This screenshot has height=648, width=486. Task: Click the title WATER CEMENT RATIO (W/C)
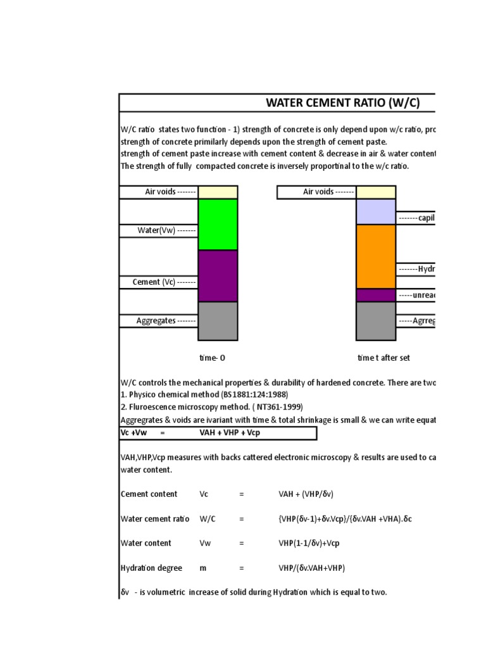pos(342,103)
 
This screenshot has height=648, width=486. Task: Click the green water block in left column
pos(218,224)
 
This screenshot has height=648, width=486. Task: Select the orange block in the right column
pos(376,256)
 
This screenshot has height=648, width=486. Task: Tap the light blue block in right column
pos(376,211)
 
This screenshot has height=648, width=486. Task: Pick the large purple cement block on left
pos(218,275)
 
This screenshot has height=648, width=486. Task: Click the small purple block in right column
pos(376,295)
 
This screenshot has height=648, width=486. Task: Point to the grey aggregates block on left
pos(218,321)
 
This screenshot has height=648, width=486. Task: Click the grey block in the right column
pos(376,321)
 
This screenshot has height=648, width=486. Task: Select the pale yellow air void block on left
pos(218,192)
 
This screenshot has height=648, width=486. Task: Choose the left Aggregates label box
pos(159,321)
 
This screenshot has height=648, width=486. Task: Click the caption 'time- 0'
pos(212,358)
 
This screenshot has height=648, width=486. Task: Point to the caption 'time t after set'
pos(383,358)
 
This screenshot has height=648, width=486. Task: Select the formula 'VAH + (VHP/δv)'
pos(310,494)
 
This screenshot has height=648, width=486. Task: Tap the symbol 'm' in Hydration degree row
pos(203,568)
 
